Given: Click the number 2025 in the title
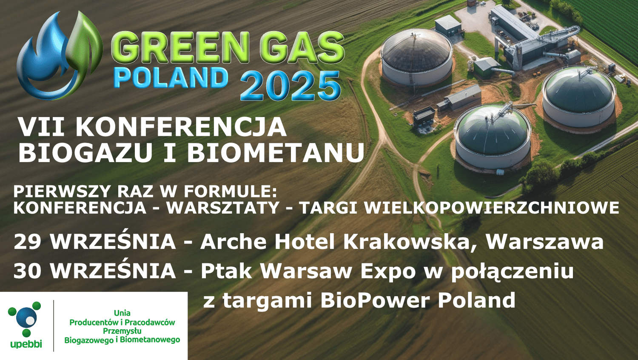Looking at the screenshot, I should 290,86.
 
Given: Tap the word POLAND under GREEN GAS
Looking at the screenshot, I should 171,78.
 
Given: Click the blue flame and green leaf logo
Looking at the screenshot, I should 60,55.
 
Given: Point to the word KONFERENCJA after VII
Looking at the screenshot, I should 181,127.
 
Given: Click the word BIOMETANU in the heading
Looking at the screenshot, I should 276,152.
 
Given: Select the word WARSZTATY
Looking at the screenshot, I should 223,208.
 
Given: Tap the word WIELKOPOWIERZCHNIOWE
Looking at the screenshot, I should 492,208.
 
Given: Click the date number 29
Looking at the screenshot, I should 28,242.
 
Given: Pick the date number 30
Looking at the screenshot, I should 28,271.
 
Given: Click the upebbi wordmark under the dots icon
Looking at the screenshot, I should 26,343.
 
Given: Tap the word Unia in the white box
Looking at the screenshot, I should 122,313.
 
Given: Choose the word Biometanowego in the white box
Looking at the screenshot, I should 150,340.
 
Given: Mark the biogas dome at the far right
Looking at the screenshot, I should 579,96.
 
